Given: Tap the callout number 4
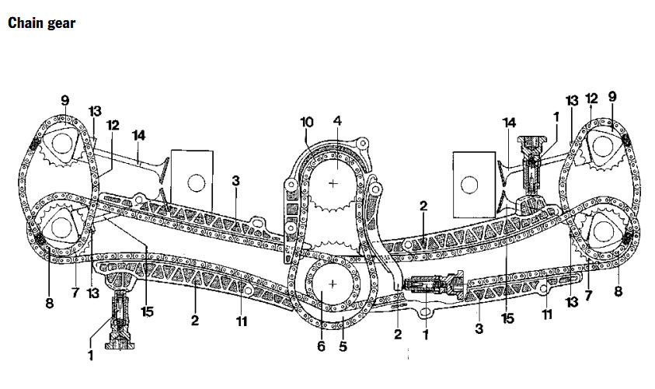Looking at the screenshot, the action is (337, 121).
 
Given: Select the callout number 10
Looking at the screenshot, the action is (307, 123).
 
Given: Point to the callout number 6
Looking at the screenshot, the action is (321, 346).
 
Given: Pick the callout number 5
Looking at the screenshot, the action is (343, 346).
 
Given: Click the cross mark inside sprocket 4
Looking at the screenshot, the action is (333, 183).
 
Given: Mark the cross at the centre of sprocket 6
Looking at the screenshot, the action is (333, 284).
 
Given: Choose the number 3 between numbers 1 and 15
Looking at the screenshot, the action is (479, 328).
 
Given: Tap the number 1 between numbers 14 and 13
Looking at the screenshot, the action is (556, 117).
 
